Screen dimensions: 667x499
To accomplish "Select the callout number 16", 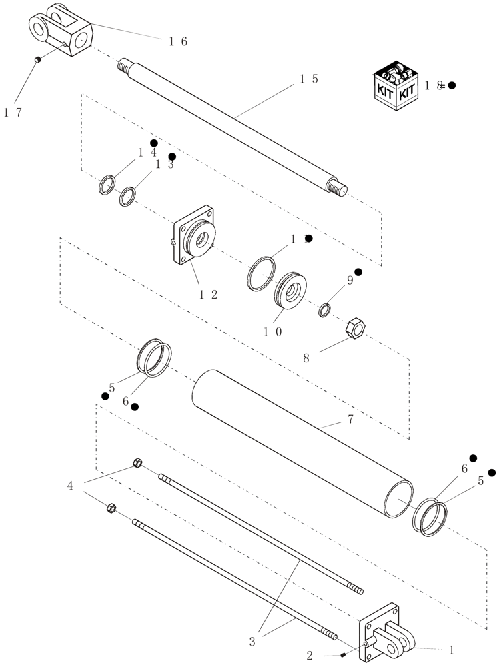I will pos(177,41).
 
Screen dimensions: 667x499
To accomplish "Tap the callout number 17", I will pos(13,113).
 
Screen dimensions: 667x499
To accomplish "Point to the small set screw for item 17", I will pos(39,60).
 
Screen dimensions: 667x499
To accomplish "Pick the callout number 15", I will pos(308,79).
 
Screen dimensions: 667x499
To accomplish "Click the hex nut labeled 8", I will pos(352,327).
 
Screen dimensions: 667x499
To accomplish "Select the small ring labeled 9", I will pos(325,310).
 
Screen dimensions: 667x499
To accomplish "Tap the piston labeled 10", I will pos(291,288).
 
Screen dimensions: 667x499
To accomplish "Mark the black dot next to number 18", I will pos(452,85).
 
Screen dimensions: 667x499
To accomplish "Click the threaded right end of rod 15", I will pos(338,188).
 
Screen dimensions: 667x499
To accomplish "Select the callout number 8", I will pos(306,358).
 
